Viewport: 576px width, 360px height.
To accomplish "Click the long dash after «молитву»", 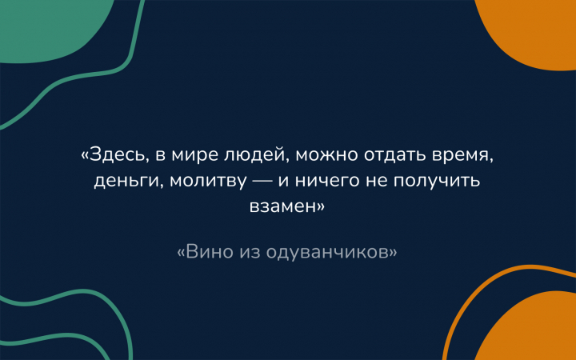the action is tap(262, 181).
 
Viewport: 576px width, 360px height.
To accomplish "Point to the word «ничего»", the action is tap(327, 182).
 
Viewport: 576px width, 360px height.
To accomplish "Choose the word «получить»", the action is tap(437, 182).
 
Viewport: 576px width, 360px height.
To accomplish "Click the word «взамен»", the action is tap(283, 206).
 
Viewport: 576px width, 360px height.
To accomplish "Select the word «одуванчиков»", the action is tap(327, 253).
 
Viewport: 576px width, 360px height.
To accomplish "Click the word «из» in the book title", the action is tap(250, 253).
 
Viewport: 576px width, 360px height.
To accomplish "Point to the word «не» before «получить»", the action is tap(376, 182).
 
